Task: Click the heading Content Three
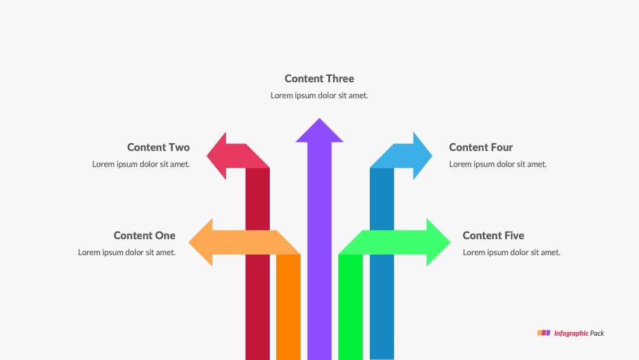pos(319,78)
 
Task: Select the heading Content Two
pos(159,147)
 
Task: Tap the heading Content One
pos(145,235)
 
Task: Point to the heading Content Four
pos(481,147)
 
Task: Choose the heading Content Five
pos(493,235)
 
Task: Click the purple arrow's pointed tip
pos(319,118)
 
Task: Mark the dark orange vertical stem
pos(289,307)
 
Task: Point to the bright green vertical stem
pos(350,307)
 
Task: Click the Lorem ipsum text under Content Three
pos(319,95)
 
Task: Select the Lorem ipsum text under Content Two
pos(141,164)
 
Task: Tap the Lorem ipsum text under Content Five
pos(511,252)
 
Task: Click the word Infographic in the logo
pos(571,333)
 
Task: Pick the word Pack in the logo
pos(597,333)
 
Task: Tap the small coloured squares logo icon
pos(544,333)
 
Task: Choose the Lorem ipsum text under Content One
pos(127,252)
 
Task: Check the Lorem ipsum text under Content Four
pos(498,164)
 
